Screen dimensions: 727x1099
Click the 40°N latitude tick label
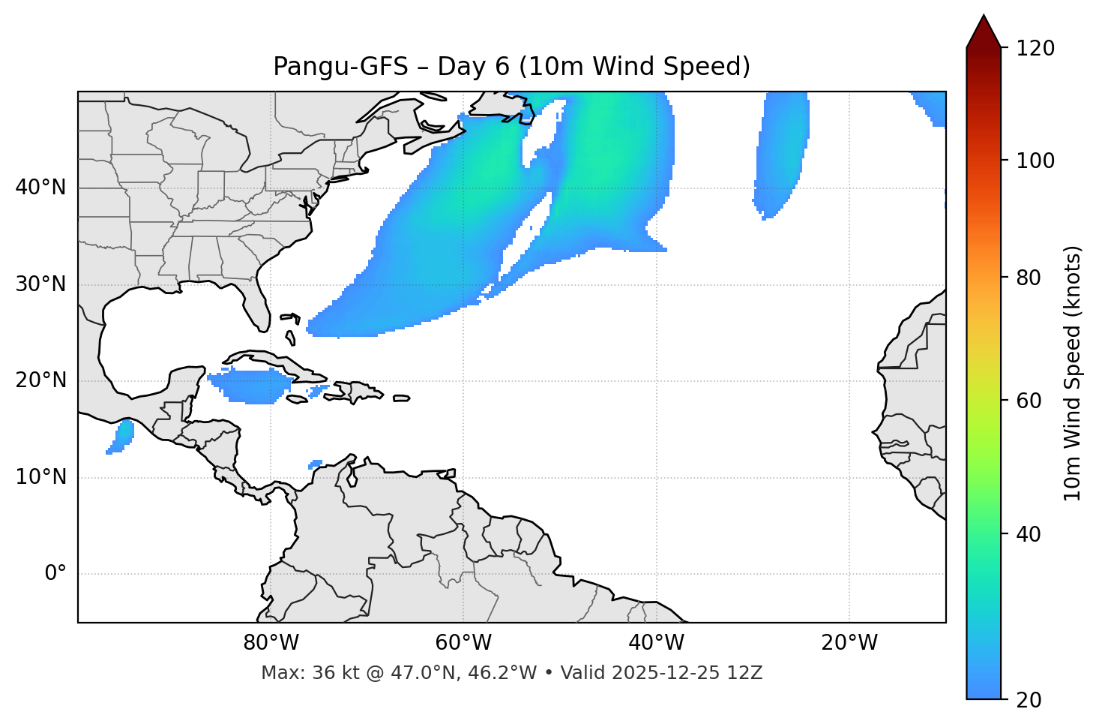[40, 188]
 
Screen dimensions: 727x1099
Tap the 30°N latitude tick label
[40, 284]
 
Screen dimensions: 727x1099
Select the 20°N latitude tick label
[40, 380]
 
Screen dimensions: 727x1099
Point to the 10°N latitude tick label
[40, 477]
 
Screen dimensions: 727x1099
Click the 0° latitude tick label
[55, 574]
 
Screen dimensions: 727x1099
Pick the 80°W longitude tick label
[271, 643]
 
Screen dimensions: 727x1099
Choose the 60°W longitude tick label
[463, 643]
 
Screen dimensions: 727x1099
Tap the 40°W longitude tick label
[656, 643]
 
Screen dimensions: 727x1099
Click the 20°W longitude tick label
[849, 643]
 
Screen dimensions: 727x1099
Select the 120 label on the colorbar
[1035, 49]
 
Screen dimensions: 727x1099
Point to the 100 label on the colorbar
[1035, 161]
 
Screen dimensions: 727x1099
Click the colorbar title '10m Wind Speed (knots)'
[1073, 373]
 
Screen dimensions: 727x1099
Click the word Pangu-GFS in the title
[341, 67]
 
